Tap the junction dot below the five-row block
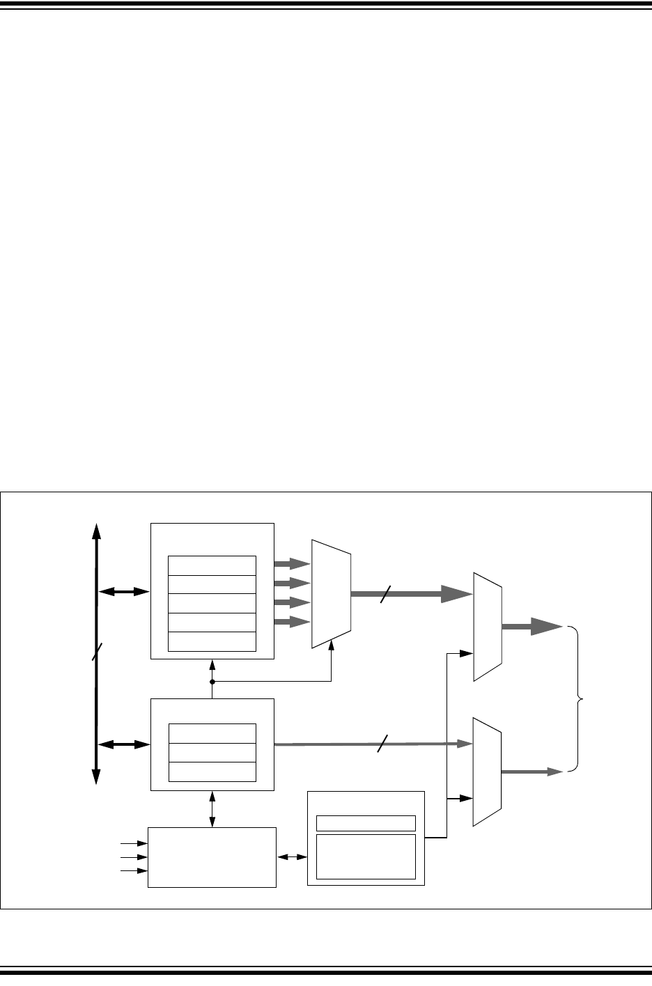point(212,682)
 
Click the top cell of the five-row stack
point(212,565)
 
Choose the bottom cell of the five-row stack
point(212,641)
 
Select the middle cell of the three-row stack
point(212,752)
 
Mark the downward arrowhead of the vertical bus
point(97,774)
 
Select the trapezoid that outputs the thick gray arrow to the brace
point(488,627)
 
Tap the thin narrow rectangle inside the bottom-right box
point(366,823)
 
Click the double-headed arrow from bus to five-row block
point(124,592)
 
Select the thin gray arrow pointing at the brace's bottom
point(532,772)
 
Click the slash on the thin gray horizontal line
point(380,744)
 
